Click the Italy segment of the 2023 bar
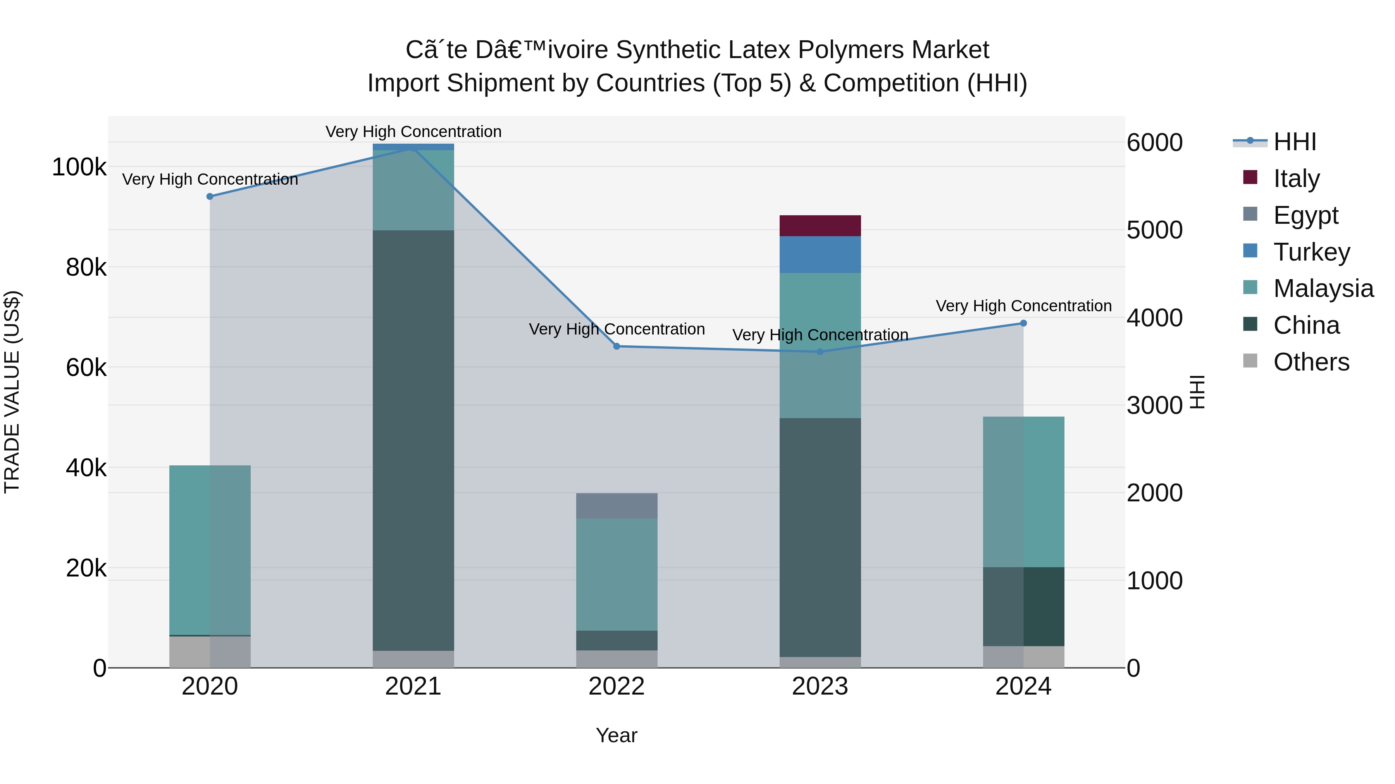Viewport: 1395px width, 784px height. coord(820,226)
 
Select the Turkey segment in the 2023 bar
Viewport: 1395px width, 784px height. coord(820,254)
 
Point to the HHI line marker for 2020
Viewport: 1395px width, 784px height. coord(210,196)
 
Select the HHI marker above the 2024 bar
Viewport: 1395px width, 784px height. coord(1023,323)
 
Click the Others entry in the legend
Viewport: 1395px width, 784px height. coord(1311,362)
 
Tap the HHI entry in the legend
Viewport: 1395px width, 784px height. coord(1294,142)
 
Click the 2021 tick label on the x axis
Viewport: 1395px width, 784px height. coord(413,686)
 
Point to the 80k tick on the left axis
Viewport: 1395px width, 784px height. coord(86,267)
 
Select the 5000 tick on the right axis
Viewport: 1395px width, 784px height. coord(1154,230)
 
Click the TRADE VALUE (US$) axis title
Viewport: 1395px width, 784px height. coord(12,392)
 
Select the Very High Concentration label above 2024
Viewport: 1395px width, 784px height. coord(1023,306)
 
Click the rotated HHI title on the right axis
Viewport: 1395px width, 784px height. coord(1197,392)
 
